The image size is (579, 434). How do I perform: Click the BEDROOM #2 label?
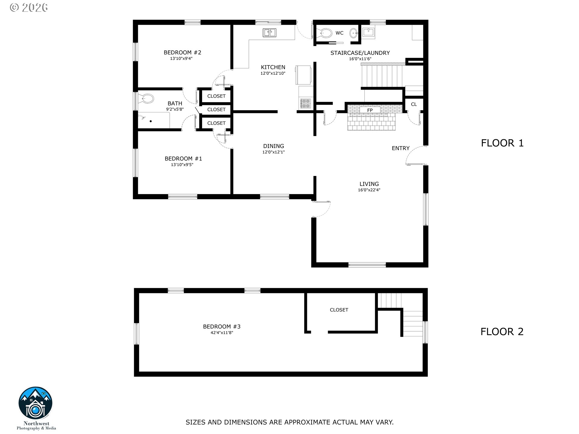(182, 52)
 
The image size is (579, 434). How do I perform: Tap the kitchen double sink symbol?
(269, 33)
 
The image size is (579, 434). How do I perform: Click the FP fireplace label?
(370, 110)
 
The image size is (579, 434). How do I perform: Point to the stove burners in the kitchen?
(305, 103)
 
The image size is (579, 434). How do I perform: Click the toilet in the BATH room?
(147, 98)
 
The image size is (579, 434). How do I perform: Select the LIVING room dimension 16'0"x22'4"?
(369, 190)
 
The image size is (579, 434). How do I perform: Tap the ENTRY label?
(400, 148)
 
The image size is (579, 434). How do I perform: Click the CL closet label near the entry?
(414, 104)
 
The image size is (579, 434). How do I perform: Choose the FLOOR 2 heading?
(502, 332)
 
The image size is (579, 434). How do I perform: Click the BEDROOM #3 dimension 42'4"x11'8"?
(222, 333)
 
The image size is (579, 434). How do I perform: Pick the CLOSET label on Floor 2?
(339, 310)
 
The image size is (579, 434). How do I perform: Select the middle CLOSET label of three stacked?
(216, 109)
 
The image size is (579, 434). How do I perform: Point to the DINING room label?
(274, 146)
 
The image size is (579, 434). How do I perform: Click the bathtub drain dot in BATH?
(151, 121)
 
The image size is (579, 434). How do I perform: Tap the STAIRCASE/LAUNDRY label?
(360, 53)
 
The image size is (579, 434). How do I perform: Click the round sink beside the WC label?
(353, 33)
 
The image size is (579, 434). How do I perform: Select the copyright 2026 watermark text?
(29, 7)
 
